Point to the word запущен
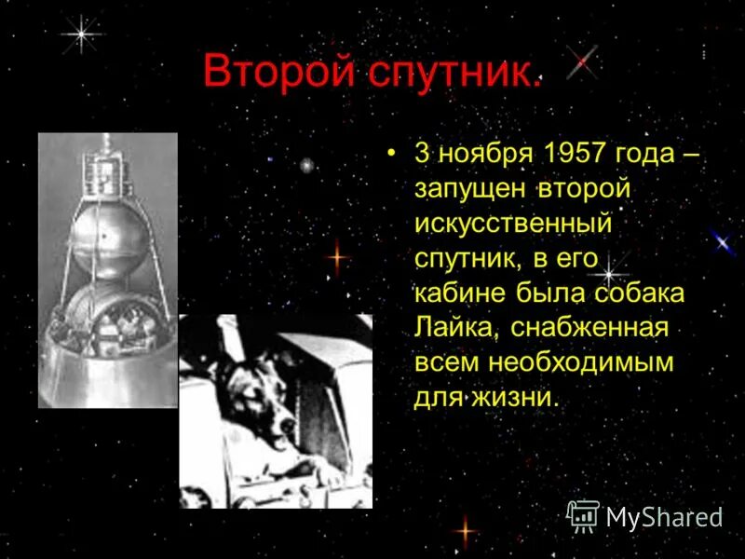click(x=472, y=189)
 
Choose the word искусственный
click(x=513, y=225)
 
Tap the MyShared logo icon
click(x=583, y=515)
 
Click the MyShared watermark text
click(x=664, y=517)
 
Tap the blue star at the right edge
click(x=722, y=243)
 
